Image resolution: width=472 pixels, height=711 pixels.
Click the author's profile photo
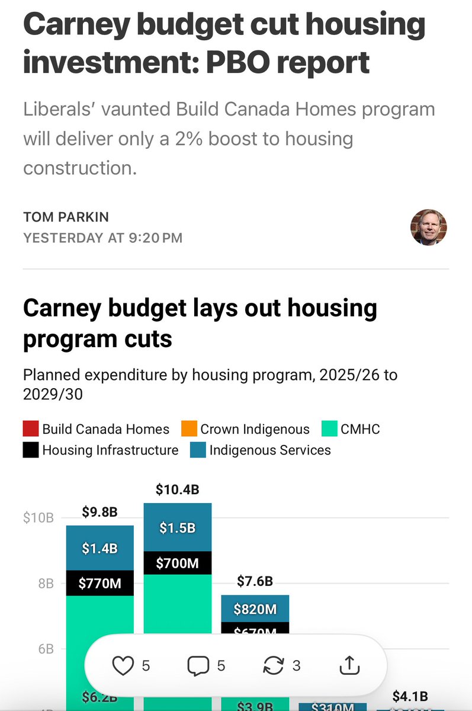coord(428,227)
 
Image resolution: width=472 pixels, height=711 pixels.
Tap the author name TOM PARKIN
coord(66,217)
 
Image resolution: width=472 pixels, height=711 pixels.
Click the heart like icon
coord(123,666)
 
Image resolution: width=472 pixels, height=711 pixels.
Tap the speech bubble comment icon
coord(198,666)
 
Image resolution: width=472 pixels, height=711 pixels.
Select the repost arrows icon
coord(273,666)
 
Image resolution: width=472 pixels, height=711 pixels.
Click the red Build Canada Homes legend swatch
coord(31,429)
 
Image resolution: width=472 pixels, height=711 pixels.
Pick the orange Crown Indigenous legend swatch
coord(189,429)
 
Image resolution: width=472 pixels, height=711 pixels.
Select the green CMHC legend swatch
coord(329,429)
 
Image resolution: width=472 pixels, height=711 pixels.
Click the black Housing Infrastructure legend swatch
coord(31,450)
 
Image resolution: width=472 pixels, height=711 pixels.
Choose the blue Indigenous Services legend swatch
coord(198,450)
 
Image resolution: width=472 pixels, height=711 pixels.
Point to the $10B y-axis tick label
coord(38,517)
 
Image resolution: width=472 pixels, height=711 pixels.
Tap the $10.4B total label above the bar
coord(177,489)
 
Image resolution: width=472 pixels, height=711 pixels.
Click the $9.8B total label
coord(99,512)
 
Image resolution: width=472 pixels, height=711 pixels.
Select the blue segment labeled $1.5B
coord(177,528)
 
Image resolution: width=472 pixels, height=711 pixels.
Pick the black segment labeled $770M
coord(99,584)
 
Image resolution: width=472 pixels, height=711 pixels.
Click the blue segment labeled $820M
coord(255,608)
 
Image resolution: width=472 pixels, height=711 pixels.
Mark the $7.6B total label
coord(255,581)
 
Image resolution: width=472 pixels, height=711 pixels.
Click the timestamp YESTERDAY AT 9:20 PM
coord(102,238)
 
